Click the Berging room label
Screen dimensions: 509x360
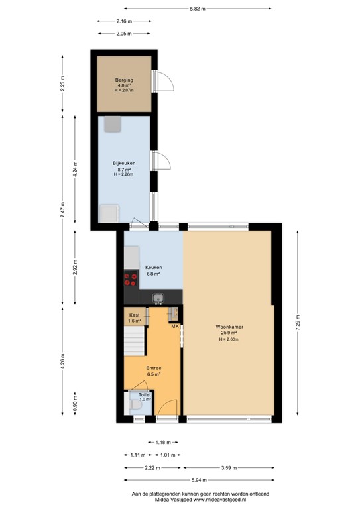point(125,80)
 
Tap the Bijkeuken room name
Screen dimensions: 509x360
point(123,162)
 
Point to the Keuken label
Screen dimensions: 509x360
point(154,268)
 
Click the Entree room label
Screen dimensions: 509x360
point(154,367)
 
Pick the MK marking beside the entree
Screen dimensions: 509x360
point(175,327)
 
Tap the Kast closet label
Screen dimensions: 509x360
point(134,315)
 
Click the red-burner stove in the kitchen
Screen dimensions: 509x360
point(131,278)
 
